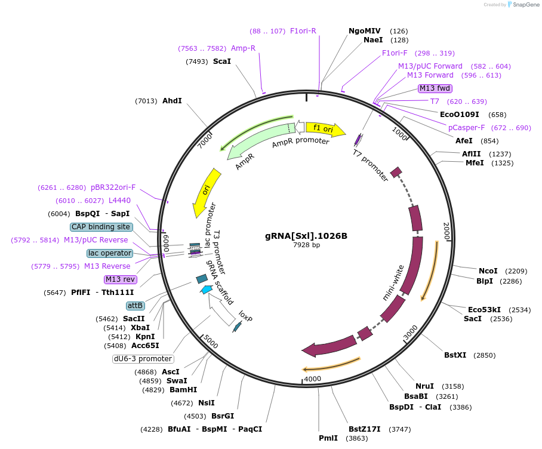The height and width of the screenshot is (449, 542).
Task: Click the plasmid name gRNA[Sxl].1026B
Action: tap(306, 236)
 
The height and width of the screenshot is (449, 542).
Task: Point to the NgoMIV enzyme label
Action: tap(364, 30)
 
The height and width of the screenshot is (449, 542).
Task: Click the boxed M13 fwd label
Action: tap(435, 88)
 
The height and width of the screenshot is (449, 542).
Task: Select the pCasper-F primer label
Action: tap(466, 128)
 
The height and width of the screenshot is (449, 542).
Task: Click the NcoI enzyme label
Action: tap(488, 271)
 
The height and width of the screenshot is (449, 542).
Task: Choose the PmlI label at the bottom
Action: tap(328, 438)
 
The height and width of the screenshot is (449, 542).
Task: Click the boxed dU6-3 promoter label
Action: tap(143, 359)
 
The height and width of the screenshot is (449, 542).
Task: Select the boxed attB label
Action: tap(135, 306)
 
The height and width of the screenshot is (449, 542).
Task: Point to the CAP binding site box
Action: tap(101, 227)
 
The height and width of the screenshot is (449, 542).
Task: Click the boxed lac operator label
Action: tap(110, 253)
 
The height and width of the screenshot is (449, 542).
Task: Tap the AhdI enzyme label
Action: tap(172, 101)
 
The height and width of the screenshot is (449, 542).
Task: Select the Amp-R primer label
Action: tap(243, 48)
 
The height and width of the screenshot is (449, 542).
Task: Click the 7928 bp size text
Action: tap(306, 245)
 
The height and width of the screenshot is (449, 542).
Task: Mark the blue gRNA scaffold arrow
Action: tap(206, 290)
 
